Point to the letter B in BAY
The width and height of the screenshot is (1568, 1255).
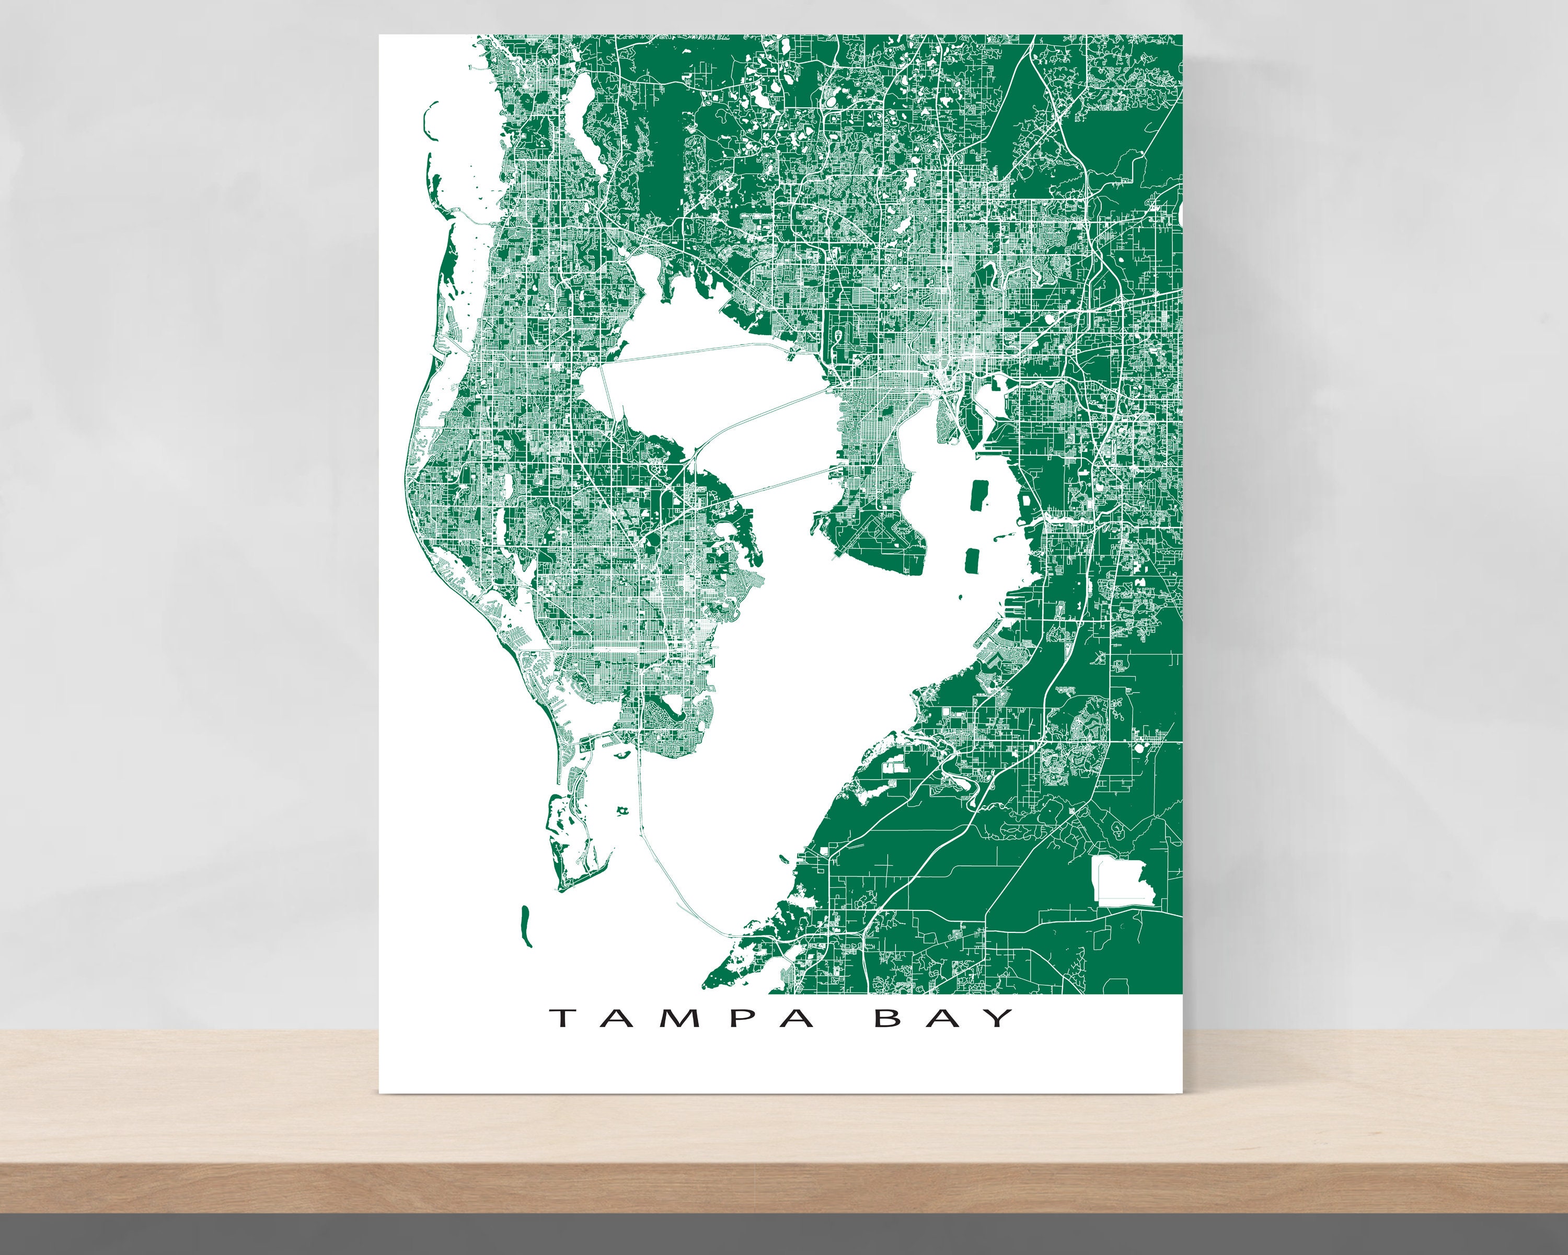[x=889, y=1017]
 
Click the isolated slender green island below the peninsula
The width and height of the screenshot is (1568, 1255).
[x=525, y=926]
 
